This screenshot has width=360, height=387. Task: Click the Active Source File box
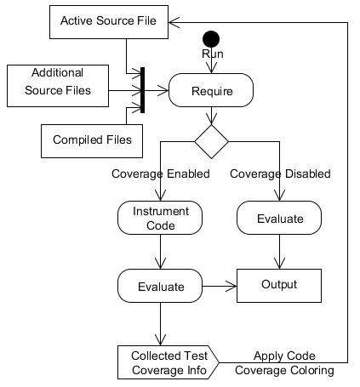(x=109, y=22)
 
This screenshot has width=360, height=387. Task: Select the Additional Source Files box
(x=58, y=86)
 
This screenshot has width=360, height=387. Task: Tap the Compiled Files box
(x=92, y=141)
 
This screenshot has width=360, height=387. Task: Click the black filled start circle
(x=211, y=39)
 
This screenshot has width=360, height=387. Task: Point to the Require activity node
(x=211, y=90)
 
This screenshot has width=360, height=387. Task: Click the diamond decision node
(x=211, y=141)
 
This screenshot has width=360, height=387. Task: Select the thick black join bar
(x=143, y=90)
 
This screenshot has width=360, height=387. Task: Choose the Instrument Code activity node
(x=160, y=218)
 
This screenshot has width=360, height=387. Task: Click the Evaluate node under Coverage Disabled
(x=279, y=218)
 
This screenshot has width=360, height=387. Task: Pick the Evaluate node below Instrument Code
(x=160, y=286)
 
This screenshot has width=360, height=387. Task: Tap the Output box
(x=279, y=286)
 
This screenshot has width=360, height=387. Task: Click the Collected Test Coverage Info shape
(x=169, y=362)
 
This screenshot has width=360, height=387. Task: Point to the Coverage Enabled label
(x=161, y=174)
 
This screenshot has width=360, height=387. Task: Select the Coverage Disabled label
(x=280, y=174)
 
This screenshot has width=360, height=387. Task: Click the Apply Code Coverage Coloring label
(x=284, y=363)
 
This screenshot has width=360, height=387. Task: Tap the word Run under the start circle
(x=213, y=54)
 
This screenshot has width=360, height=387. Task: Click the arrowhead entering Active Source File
(x=174, y=22)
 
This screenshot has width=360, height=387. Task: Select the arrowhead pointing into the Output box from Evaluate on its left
(x=231, y=286)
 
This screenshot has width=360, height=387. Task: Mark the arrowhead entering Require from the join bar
(x=163, y=90)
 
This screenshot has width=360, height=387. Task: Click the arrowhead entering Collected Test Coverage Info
(x=160, y=340)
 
